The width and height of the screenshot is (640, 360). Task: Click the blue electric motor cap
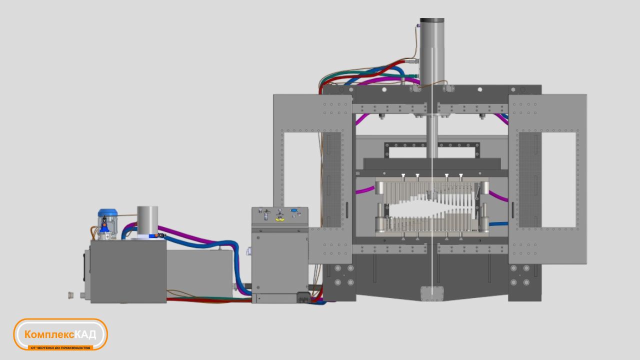(x=107, y=213)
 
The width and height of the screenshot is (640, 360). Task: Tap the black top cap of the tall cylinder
(x=432, y=20)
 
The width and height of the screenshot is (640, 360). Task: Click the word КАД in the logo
(x=85, y=334)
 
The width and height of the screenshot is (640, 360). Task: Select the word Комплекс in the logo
(x=49, y=334)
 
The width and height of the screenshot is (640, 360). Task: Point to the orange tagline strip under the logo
(x=60, y=347)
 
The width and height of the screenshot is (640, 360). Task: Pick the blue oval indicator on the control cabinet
(x=294, y=211)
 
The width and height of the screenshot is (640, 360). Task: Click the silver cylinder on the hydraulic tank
(x=147, y=221)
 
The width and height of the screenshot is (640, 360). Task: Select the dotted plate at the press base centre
(x=432, y=293)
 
